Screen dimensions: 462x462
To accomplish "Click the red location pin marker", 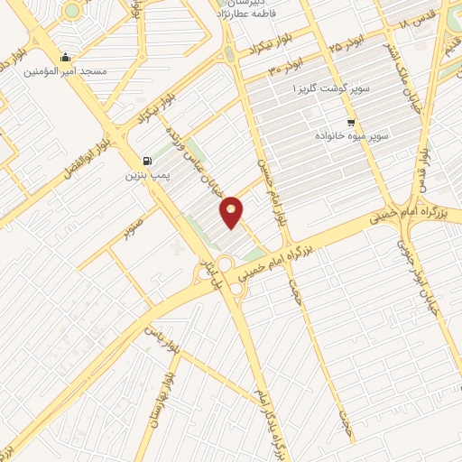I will (x=233, y=211).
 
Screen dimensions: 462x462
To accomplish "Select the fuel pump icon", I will (x=147, y=161).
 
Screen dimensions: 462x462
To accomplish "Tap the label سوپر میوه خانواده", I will (x=351, y=134).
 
